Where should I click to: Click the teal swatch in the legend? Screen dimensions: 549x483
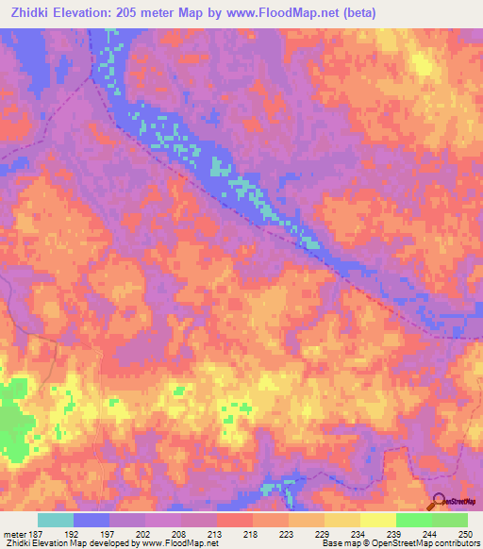click(56, 520)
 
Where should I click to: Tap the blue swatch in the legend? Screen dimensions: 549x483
click(92, 520)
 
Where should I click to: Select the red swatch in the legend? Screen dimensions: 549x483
click(235, 520)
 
